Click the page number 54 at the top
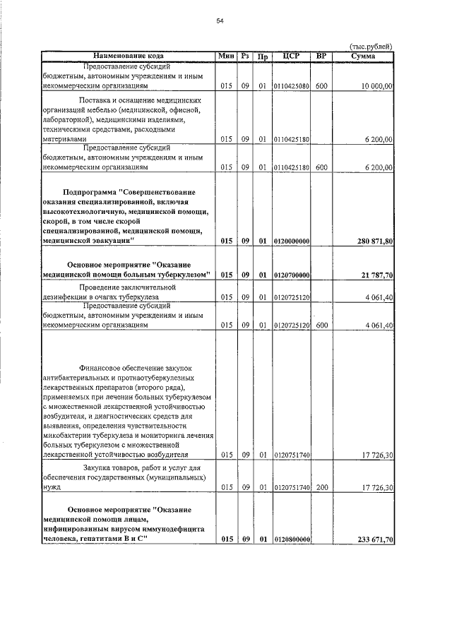(220, 21)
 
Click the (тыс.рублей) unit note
(371, 47)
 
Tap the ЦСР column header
(291, 56)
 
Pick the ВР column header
(321, 56)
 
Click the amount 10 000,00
(374, 86)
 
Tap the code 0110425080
(291, 86)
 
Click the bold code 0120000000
(291, 241)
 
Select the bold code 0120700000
(291, 275)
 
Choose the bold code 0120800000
(291, 540)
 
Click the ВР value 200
(321, 488)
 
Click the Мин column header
(225, 56)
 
